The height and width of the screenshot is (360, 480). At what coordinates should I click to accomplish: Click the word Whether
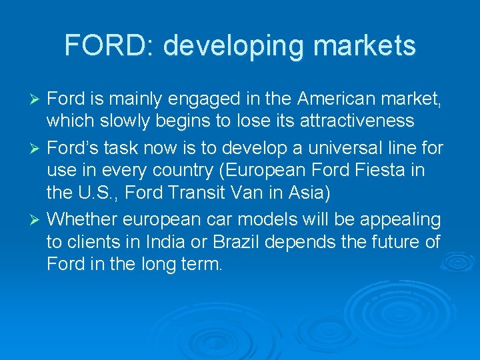click(82, 219)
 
